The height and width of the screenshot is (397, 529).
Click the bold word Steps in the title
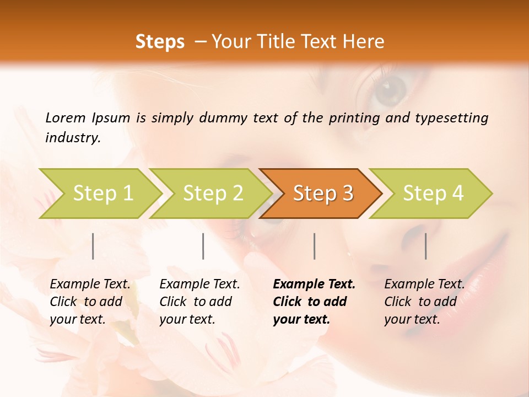point(160,41)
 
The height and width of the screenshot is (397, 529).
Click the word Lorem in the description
point(66,117)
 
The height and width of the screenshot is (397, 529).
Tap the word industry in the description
point(72,138)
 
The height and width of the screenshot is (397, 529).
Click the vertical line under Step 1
point(93,246)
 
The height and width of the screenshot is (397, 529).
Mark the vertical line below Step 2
point(203,246)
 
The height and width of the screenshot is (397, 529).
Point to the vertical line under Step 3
point(314,246)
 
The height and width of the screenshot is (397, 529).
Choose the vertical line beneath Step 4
point(426,246)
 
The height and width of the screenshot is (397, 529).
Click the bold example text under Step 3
point(314,302)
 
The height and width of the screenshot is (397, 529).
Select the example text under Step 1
point(90,302)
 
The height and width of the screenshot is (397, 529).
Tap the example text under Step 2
point(199,302)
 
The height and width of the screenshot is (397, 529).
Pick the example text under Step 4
point(424,302)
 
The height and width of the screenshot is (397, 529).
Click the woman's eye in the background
point(391,88)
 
